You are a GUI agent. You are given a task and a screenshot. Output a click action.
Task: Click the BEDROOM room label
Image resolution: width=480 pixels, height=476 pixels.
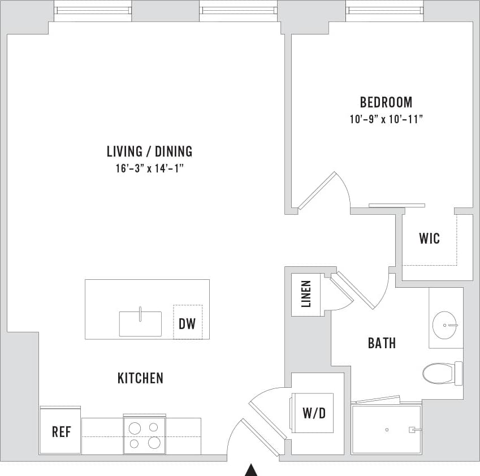386,102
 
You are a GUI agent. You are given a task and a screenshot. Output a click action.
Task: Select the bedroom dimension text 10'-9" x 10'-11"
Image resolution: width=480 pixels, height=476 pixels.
386,119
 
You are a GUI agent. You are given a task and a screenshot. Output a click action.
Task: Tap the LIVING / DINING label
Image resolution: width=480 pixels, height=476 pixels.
149,152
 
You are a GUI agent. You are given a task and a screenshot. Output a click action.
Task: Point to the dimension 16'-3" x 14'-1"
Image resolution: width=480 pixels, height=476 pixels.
149,168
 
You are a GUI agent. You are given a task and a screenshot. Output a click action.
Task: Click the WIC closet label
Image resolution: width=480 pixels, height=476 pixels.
429,238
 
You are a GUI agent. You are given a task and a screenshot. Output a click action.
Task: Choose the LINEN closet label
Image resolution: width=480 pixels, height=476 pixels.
306,294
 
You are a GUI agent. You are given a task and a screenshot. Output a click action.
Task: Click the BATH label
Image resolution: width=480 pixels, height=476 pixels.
382,343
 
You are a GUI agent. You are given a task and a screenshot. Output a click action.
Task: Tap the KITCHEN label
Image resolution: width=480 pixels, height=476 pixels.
140,378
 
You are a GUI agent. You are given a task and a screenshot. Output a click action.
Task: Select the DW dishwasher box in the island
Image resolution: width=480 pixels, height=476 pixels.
187,324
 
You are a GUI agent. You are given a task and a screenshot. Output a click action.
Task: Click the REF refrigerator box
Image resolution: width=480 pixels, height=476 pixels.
60,432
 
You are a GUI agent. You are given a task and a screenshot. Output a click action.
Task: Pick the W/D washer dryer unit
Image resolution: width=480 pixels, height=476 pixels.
313,413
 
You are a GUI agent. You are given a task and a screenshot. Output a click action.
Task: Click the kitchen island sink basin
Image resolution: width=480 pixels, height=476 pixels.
140,323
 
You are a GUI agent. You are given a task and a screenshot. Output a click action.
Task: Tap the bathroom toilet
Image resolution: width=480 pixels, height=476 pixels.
439,373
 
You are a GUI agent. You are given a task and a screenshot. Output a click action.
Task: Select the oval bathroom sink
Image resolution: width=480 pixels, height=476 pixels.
445,325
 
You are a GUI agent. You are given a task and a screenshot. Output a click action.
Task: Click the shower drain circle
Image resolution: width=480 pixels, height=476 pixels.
387,430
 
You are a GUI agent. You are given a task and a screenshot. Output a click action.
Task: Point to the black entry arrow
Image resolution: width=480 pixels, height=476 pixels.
251,470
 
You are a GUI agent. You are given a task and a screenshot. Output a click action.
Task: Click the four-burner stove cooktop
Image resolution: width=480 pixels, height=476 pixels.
144,435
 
